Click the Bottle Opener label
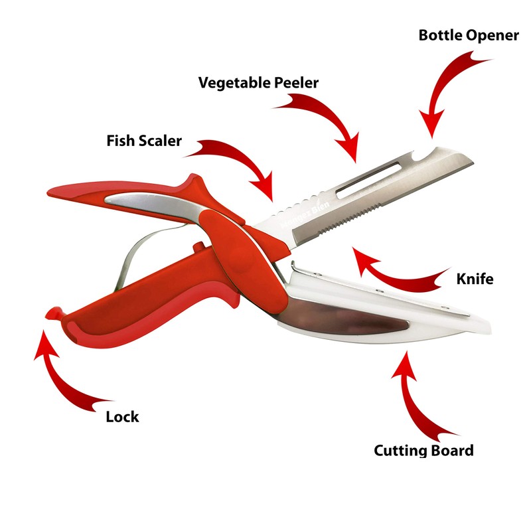[468, 35]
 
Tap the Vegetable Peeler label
[259, 83]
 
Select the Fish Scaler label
[144, 141]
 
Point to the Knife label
[475, 278]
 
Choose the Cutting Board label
[423, 451]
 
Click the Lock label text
[122, 417]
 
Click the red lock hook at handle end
[52, 313]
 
